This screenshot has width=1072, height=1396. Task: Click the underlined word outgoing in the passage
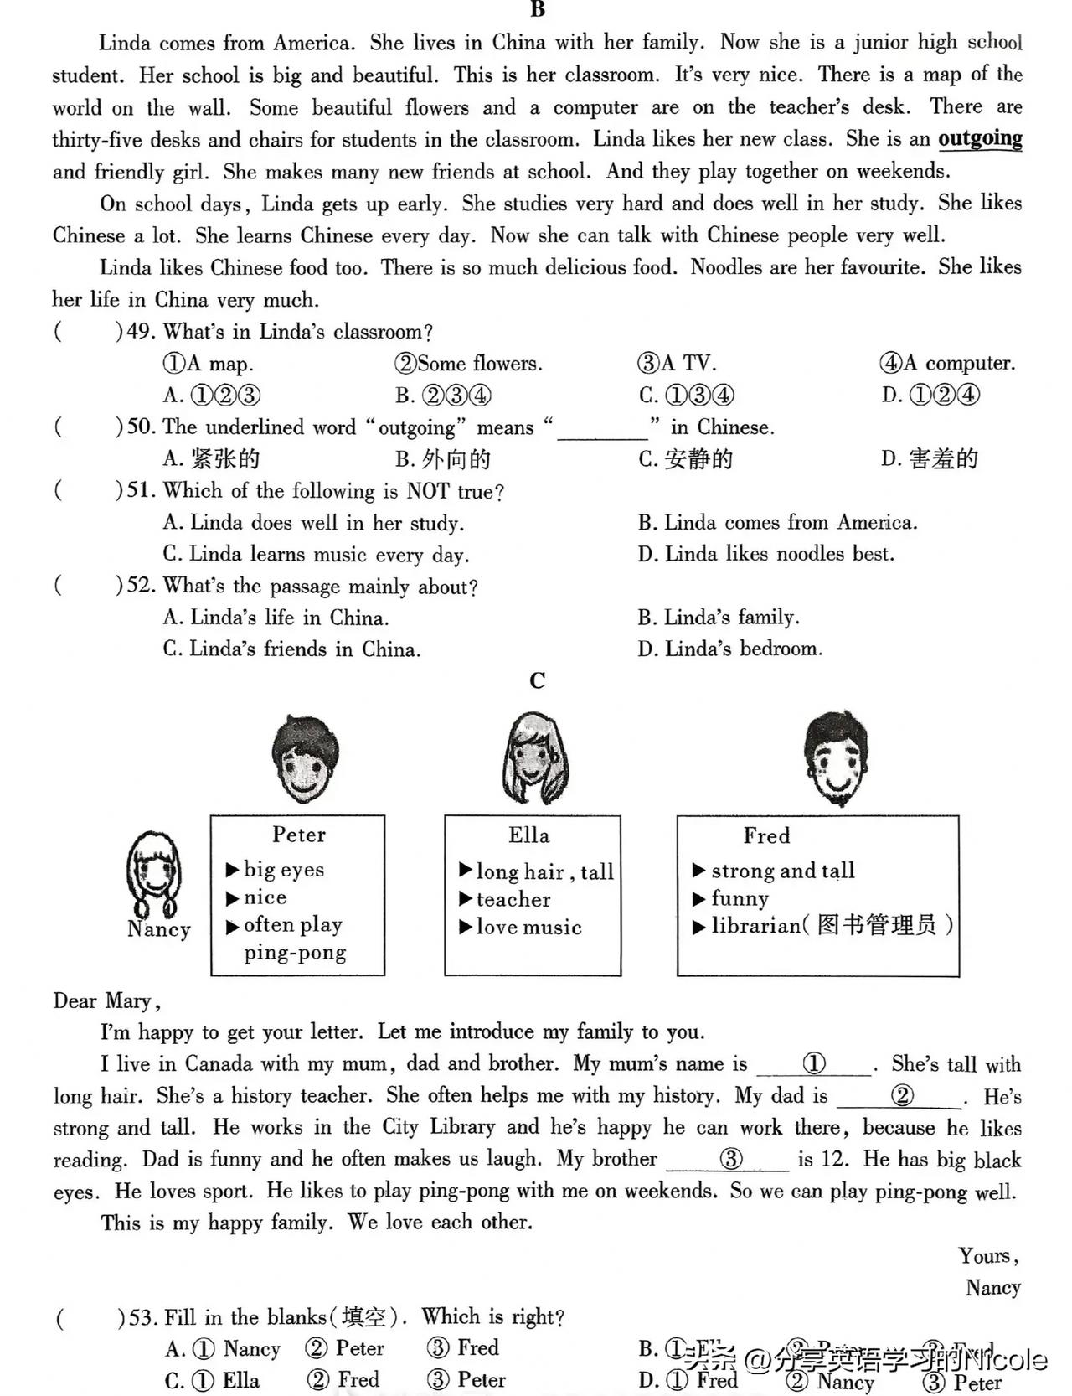tap(980, 138)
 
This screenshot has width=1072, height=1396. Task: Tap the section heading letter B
tap(538, 9)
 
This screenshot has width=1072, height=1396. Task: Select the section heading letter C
tap(538, 680)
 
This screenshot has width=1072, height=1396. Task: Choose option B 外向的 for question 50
tap(443, 459)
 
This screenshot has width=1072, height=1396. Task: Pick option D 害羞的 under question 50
tap(930, 458)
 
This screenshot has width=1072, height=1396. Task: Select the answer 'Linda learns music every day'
tap(317, 555)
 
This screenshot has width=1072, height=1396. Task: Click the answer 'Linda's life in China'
tap(276, 618)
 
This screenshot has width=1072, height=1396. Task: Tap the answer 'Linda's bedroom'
tap(730, 649)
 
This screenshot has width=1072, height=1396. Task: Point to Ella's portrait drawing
tap(533, 759)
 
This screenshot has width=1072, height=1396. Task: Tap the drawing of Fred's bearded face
tap(836, 759)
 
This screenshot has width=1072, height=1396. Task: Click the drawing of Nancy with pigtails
tap(153, 871)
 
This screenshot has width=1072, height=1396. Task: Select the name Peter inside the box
tap(299, 835)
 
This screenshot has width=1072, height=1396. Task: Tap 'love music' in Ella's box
tap(528, 928)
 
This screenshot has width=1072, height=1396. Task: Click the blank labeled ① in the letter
tap(814, 1064)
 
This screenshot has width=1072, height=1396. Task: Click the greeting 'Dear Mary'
tap(106, 1001)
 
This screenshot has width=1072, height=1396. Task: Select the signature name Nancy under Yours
tap(992, 1288)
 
